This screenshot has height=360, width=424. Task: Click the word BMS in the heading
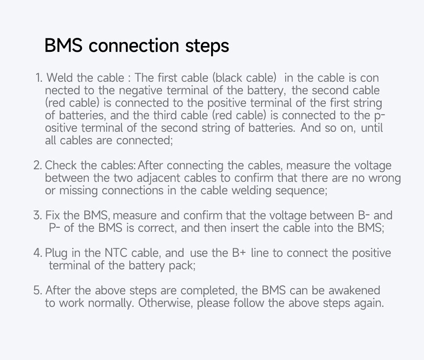(x=63, y=46)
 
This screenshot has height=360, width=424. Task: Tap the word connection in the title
(x=134, y=46)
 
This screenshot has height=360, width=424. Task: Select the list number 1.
(x=39, y=78)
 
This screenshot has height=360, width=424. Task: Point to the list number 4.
(x=38, y=253)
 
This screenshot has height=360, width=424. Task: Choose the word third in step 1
(x=165, y=116)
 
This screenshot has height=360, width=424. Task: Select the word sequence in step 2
(x=301, y=191)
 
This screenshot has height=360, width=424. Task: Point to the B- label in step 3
(x=364, y=215)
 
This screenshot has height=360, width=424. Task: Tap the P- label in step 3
(x=54, y=228)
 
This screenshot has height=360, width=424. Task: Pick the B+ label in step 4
(x=239, y=253)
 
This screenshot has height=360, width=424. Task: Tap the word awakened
(x=354, y=290)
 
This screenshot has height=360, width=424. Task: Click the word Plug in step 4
(x=56, y=253)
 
